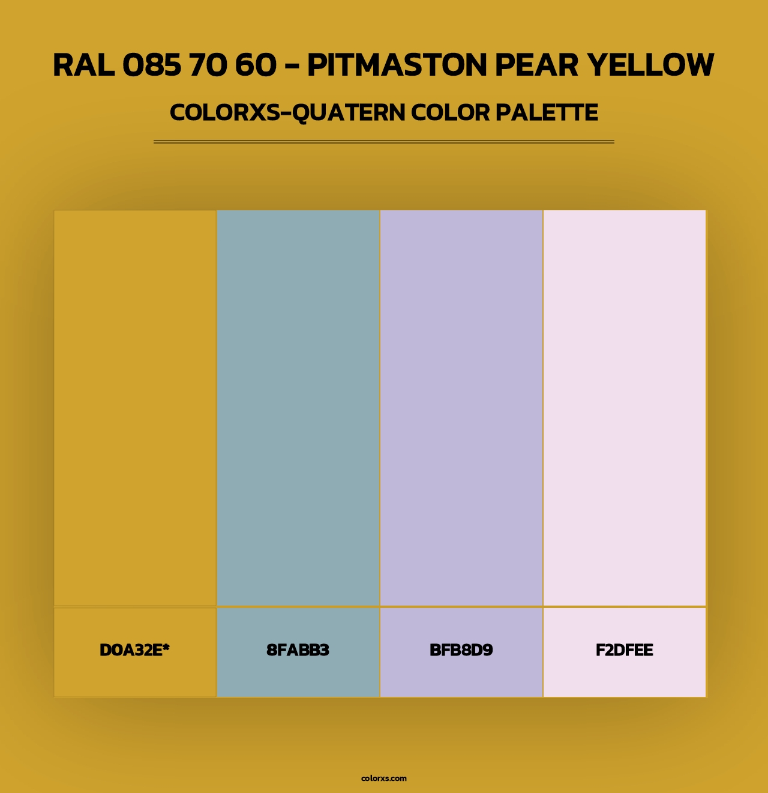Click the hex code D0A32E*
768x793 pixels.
tap(134, 650)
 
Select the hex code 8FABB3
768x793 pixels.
tap(298, 650)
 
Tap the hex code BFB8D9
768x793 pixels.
tap(461, 650)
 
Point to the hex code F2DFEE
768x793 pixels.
tap(624, 650)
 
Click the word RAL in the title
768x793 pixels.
tap(84, 65)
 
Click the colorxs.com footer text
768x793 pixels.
tap(384, 778)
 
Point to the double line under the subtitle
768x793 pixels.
tap(384, 142)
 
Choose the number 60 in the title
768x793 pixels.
tap(256, 65)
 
